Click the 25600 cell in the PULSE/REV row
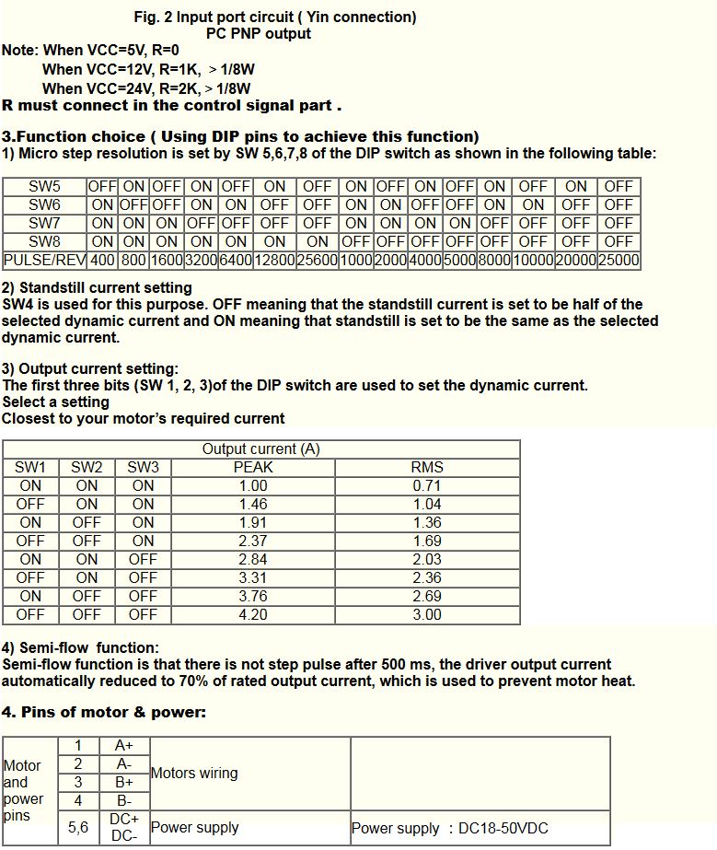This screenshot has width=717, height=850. tap(318, 261)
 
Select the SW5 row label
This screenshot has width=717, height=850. tap(44, 187)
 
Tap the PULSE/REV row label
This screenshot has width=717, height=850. tap(44, 261)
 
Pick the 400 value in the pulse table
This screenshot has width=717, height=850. tap(103, 261)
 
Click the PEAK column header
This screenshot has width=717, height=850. tap(253, 468)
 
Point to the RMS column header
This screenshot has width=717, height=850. tap(427, 468)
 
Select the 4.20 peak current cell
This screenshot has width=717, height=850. tap(253, 615)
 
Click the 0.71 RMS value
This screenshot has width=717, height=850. tap(427, 486)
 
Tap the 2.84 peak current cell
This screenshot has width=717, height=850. tap(253, 560)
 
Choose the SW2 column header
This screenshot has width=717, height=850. tap(87, 468)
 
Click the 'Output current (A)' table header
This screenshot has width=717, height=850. tap(261, 449)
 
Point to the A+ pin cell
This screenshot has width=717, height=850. tap(124, 746)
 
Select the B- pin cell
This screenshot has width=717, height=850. tap(124, 801)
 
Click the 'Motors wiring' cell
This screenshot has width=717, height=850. tap(194, 774)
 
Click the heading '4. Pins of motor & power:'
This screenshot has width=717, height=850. tap(104, 713)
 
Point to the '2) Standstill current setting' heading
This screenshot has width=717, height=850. tap(97, 288)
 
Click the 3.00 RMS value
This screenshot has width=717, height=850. tap(427, 615)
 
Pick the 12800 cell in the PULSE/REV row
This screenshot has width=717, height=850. tap(274, 261)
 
